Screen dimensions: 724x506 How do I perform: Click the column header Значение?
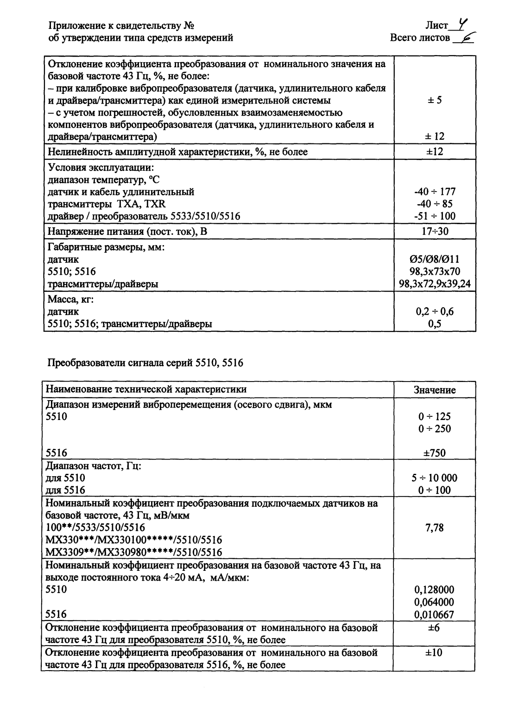[x=434, y=390]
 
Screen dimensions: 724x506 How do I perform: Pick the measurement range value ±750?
[x=434, y=453]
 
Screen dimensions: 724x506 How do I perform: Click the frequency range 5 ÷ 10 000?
[x=434, y=478]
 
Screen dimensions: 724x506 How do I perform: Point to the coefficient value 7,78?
[x=434, y=528]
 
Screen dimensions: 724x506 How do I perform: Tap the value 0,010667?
[x=434, y=614]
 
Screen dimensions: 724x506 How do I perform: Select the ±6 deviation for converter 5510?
[x=434, y=628]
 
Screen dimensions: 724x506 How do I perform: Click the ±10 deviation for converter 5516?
[x=434, y=653]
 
